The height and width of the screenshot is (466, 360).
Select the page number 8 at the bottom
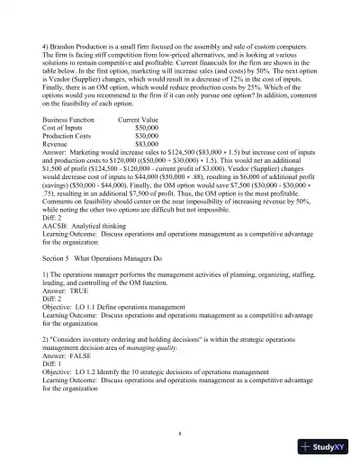pyautogui.click(x=181, y=432)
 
